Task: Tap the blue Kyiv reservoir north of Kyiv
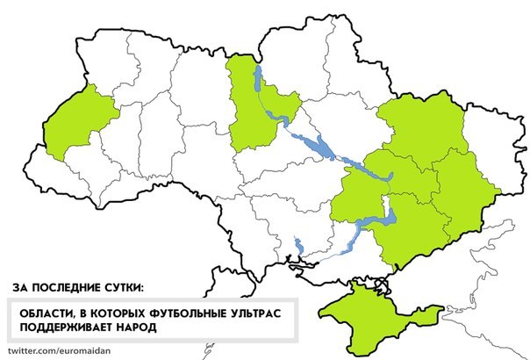257,81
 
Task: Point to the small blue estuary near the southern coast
298,245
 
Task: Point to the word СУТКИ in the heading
120,287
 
